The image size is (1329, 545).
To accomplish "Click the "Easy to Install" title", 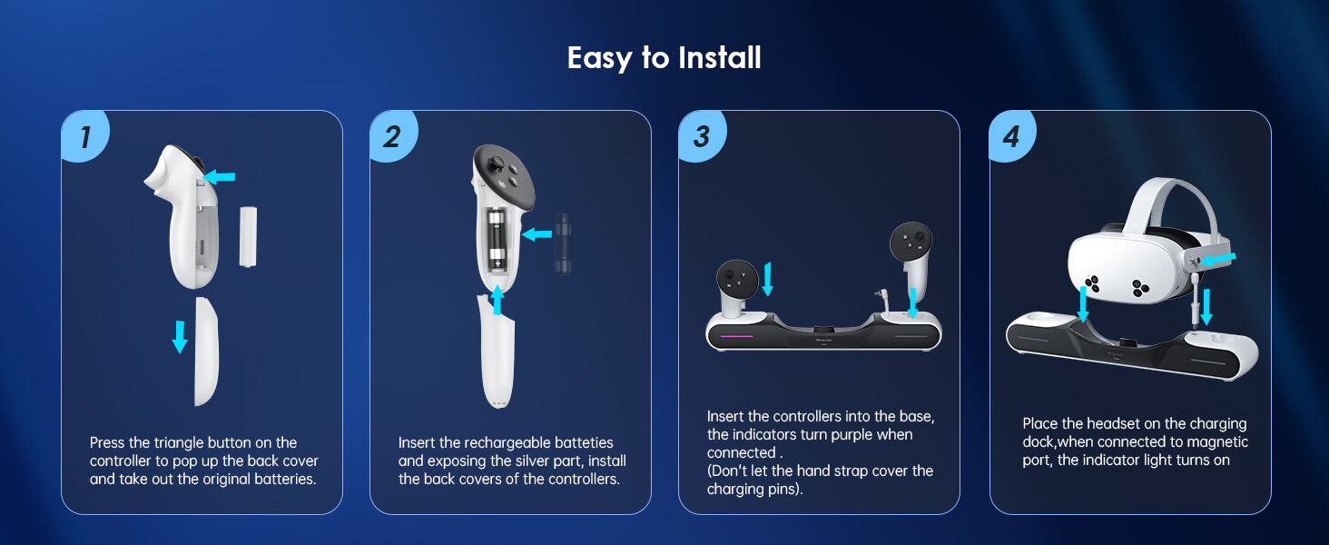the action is pos(664,58).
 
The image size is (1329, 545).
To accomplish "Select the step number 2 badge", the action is pos(393,136).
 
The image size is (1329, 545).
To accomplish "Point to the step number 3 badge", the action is pos(702,136).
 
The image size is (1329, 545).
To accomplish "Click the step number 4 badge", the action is pos(1012,136).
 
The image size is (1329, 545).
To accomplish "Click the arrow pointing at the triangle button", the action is pos(219,176).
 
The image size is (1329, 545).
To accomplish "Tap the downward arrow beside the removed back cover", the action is pos(180,337).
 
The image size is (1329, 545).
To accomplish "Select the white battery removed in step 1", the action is pos(248,236).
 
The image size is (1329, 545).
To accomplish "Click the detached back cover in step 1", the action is pos(206,352).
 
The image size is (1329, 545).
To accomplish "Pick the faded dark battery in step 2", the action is pos(563,244).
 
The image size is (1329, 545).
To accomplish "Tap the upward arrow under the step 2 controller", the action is pos(497,300).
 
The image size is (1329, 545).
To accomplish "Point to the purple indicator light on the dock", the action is pos(737,336).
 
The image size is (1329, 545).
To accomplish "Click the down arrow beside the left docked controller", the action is pos(768,279).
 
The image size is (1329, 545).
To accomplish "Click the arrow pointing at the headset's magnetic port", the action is pos(1217,259).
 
